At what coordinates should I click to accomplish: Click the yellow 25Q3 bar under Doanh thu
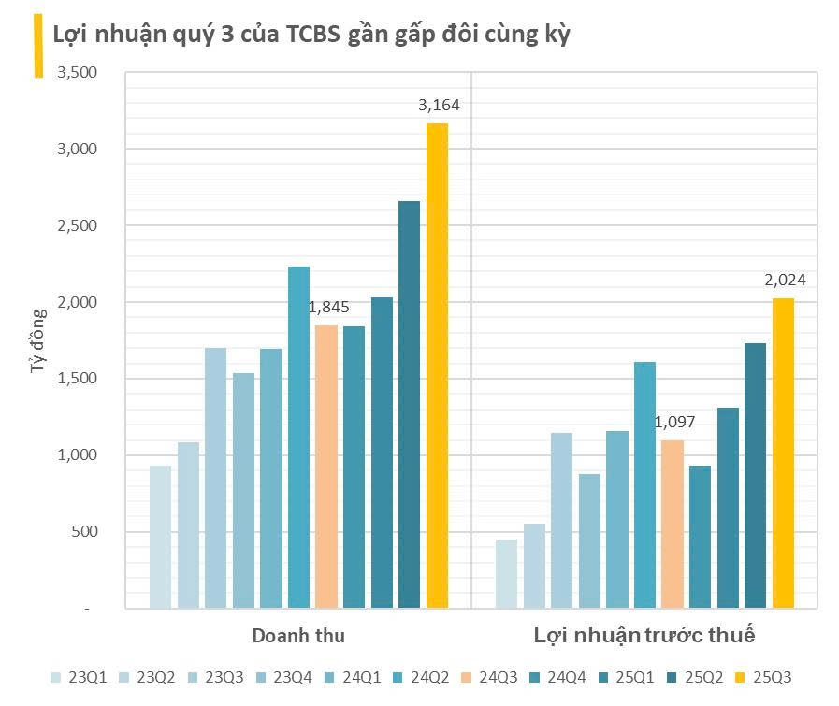(437, 366)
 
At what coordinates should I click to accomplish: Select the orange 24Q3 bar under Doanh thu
(326, 467)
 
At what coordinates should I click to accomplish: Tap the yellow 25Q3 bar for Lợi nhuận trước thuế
(783, 454)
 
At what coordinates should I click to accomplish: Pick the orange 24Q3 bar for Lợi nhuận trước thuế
(673, 524)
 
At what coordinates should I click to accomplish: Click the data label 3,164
(439, 105)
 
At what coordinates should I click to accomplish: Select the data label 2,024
(785, 280)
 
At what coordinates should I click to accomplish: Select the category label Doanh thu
(298, 636)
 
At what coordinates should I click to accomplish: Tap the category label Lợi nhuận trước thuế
(644, 636)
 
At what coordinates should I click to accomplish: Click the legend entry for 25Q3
(764, 677)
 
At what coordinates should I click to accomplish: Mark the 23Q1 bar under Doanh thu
(161, 537)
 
